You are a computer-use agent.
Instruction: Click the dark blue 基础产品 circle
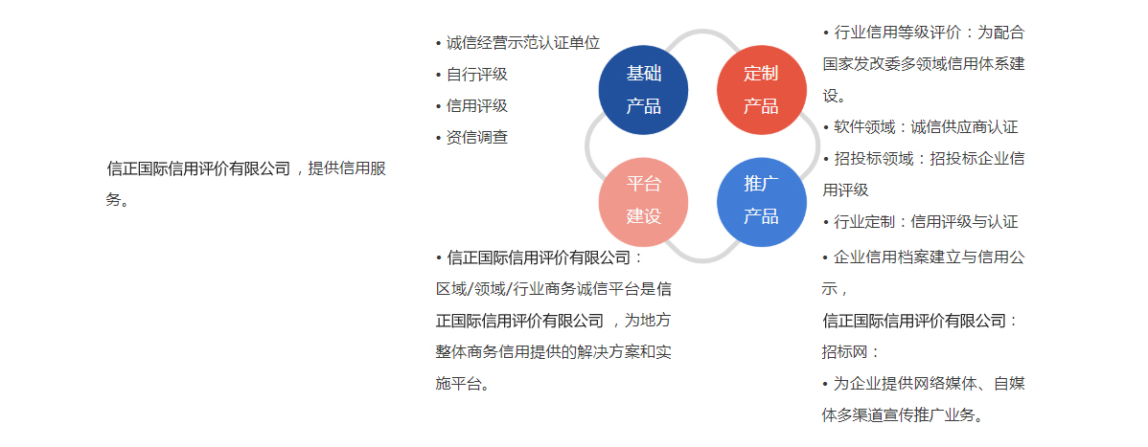(644, 90)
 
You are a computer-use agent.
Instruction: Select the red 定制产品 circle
(762, 90)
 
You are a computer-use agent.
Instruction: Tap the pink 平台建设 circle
(644, 202)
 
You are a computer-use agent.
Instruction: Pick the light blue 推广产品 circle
(762, 202)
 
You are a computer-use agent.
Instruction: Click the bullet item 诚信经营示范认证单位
(523, 43)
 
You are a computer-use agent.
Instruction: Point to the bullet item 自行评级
(476, 75)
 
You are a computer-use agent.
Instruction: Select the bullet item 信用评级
(476, 106)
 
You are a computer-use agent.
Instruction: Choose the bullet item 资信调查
(476, 138)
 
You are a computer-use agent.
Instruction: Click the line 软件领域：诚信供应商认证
(926, 127)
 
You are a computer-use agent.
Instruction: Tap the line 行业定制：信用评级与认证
(926, 222)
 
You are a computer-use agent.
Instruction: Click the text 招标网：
(851, 352)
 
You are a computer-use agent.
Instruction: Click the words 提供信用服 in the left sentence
(347, 169)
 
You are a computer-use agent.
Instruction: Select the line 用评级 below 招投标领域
(845, 190)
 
